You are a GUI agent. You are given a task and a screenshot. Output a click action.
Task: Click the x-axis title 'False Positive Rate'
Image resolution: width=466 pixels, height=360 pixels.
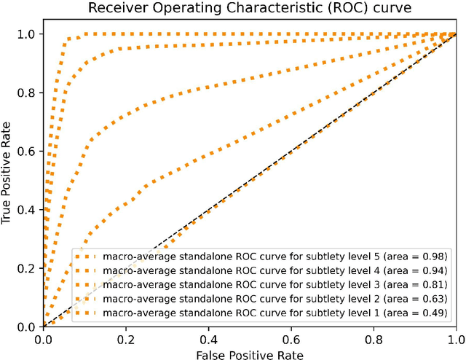coord(249,353)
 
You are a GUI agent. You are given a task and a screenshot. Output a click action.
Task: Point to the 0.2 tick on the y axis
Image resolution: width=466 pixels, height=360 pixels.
coord(28,268)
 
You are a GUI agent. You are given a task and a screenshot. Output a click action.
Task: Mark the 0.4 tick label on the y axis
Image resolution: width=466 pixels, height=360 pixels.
coord(28,210)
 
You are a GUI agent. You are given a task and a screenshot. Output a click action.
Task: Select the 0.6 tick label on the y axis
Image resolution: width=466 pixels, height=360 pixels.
coord(28,151)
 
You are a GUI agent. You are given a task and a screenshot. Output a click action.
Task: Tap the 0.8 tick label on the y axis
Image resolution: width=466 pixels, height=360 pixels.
coord(28,93)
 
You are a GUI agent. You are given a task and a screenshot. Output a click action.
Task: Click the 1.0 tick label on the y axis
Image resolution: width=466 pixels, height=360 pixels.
coord(28,34)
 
